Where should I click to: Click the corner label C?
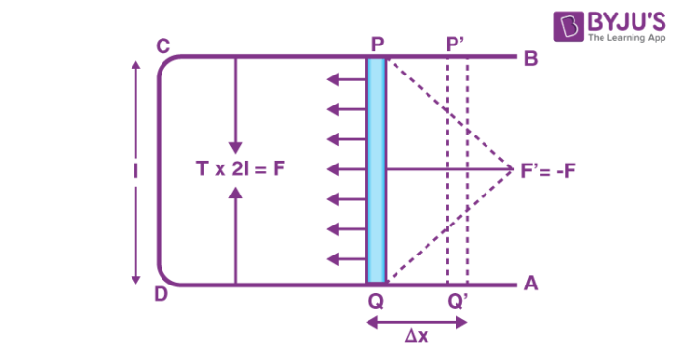(x=163, y=45)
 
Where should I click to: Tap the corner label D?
(x=162, y=293)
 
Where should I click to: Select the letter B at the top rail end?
(x=530, y=58)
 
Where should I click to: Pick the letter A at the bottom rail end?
(x=530, y=284)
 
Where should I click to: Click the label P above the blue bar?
(x=375, y=45)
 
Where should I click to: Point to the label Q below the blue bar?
(x=375, y=301)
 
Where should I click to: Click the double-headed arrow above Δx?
(x=417, y=320)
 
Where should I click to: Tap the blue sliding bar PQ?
(x=376, y=170)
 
